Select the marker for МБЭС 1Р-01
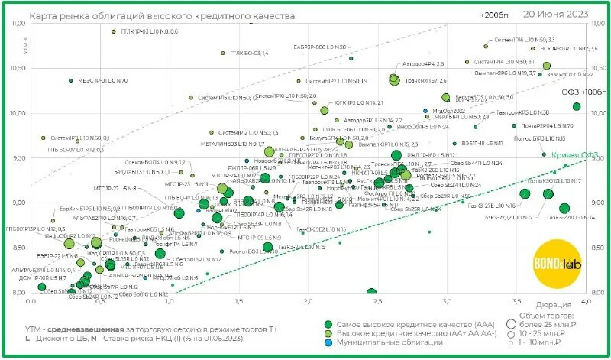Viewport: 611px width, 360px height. click(x=70, y=80)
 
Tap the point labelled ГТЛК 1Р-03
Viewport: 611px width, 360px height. click(x=113, y=32)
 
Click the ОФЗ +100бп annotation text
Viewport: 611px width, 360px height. click(x=585, y=92)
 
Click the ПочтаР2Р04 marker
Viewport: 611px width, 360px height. click(x=514, y=125)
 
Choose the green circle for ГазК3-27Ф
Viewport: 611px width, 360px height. click(x=564, y=208)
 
